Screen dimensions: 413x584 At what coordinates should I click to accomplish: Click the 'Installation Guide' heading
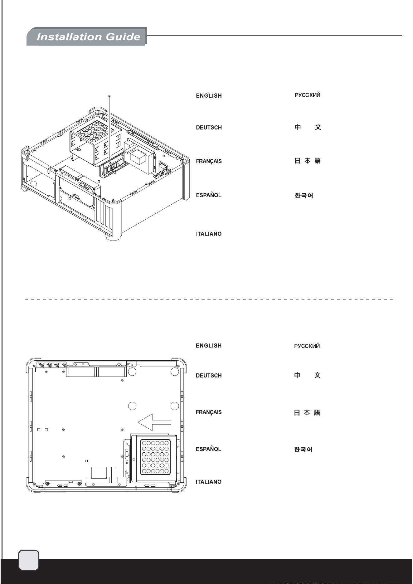(88, 37)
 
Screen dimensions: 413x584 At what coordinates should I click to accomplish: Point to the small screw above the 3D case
(109, 96)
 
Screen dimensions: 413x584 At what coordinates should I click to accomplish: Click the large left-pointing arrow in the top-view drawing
(154, 422)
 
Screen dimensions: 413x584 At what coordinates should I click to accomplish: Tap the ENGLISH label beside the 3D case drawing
(209, 96)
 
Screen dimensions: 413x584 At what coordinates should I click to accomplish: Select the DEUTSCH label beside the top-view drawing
(209, 376)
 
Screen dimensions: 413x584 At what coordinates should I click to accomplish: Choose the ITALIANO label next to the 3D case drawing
(209, 234)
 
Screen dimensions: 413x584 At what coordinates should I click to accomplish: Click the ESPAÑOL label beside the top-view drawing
(208, 449)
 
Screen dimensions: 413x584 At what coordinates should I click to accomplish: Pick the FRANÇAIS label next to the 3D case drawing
(209, 161)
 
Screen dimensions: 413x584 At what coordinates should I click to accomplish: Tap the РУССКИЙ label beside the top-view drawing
(307, 346)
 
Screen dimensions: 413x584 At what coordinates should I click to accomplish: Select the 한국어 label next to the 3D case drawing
(304, 196)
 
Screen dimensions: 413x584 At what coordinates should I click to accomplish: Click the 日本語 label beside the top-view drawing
(307, 413)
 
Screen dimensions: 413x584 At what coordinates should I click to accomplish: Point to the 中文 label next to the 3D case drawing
(308, 127)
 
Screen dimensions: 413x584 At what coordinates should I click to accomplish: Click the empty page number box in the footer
(29, 561)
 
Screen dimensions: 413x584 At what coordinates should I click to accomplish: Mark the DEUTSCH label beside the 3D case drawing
(209, 128)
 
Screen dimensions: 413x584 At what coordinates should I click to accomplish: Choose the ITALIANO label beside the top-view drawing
(209, 482)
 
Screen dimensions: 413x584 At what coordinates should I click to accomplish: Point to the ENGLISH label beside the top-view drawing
(209, 346)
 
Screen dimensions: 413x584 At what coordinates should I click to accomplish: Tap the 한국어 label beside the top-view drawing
(303, 450)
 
